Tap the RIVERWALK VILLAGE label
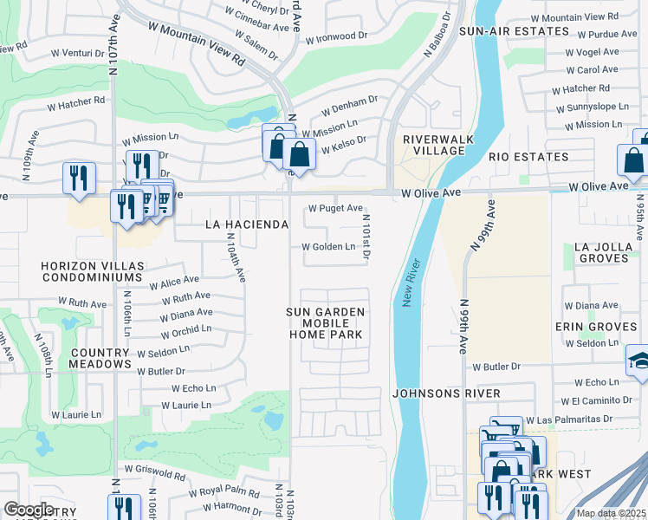(434, 144)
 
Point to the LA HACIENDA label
(246, 224)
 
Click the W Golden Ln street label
(328, 247)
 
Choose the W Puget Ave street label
(335, 208)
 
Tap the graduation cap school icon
(638, 360)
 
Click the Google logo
(29, 509)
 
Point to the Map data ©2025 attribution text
(611, 513)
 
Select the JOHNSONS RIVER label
(445, 393)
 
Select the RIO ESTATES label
(528, 157)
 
